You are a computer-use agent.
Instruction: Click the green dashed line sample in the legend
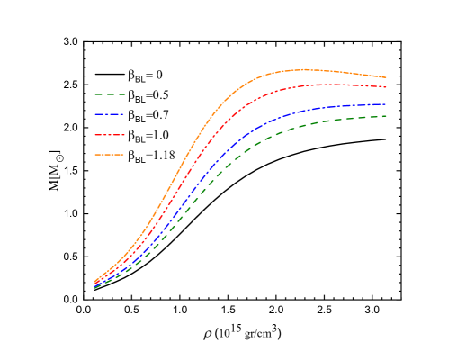tap(110, 94)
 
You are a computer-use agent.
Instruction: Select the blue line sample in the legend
tap(110, 114)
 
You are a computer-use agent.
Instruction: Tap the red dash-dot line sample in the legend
tap(110, 135)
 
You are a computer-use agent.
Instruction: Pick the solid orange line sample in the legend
tap(110, 155)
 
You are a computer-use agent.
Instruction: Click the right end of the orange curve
tap(387, 77)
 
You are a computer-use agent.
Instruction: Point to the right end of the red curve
tap(387, 87)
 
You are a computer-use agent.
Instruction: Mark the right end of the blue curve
tap(387, 105)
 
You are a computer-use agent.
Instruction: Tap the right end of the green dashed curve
tap(387, 116)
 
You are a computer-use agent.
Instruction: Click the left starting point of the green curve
tap(94, 288)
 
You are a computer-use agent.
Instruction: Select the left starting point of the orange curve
tap(94, 281)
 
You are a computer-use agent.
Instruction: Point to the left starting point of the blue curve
tap(94, 284)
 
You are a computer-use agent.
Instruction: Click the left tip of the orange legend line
tap(95, 155)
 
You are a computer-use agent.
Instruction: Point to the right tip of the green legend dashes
tap(125, 94)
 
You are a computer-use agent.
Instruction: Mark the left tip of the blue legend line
tap(95, 114)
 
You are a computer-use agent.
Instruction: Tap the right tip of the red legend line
tap(124, 135)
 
